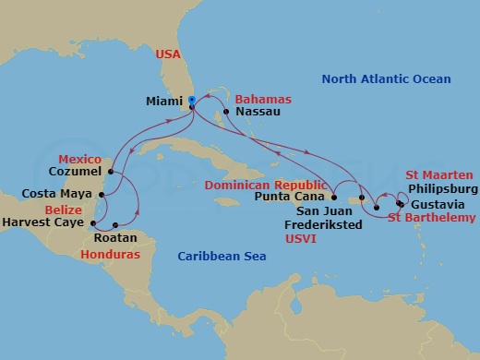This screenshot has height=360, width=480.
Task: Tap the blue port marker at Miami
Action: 191,100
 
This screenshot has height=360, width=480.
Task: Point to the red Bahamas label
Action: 263,99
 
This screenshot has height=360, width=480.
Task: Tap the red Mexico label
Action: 79,159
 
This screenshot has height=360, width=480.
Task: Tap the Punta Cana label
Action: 289,197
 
